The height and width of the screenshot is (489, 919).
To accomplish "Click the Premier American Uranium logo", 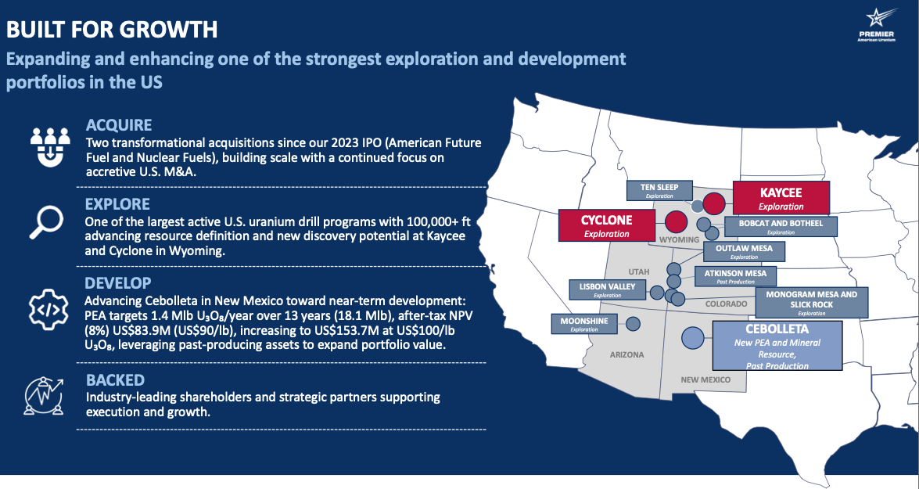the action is [x=876, y=25].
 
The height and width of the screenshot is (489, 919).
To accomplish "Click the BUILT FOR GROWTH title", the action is [x=112, y=29].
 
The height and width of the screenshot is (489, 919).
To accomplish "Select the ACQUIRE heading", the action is [x=119, y=125].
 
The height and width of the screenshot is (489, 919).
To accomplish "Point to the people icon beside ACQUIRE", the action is [x=50, y=146].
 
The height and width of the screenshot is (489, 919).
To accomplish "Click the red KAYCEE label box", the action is [x=781, y=198].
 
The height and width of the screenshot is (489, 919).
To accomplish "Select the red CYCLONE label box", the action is [x=607, y=225].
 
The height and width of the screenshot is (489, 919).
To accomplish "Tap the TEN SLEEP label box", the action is [x=659, y=191].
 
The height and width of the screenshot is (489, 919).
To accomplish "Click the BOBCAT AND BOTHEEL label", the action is [x=781, y=226].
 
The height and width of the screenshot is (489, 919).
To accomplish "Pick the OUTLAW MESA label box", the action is [x=744, y=251].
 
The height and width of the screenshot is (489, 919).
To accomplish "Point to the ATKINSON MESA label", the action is [x=735, y=276].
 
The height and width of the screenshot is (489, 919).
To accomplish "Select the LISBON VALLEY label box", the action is [x=607, y=289].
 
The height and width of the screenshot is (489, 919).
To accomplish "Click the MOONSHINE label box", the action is [x=584, y=324].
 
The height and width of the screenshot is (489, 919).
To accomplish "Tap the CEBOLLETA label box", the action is [x=777, y=345].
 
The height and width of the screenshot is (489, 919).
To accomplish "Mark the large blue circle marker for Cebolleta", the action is [x=693, y=338].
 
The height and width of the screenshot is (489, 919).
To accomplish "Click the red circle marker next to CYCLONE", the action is [x=676, y=222].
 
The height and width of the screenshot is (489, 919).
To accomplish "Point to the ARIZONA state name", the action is [x=626, y=354].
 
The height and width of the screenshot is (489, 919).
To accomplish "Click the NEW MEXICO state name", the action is [x=705, y=380].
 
